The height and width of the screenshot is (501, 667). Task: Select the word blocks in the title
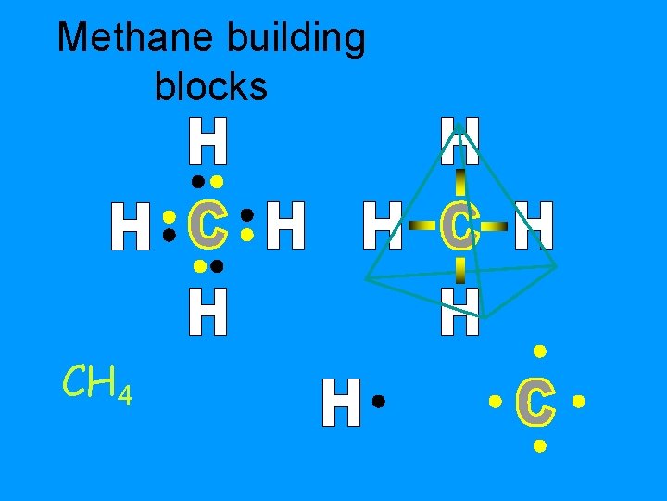(x=211, y=86)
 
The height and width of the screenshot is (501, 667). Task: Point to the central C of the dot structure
(x=208, y=225)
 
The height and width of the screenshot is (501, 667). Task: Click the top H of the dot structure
(x=208, y=140)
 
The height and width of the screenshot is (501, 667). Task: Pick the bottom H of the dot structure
(x=208, y=311)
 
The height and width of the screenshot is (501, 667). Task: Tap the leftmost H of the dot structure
(x=131, y=227)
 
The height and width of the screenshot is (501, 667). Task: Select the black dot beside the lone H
(x=378, y=402)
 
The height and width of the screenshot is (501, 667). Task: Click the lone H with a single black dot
(x=341, y=403)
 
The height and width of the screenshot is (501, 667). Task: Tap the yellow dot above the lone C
(x=538, y=352)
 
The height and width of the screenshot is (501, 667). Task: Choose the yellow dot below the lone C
(x=538, y=446)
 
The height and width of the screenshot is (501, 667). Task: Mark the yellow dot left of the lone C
(x=495, y=403)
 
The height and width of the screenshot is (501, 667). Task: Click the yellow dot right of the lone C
(x=579, y=403)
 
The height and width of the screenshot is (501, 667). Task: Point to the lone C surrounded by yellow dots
(x=537, y=401)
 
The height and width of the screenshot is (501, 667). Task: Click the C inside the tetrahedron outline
(x=459, y=226)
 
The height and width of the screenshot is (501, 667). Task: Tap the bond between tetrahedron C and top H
(x=459, y=181)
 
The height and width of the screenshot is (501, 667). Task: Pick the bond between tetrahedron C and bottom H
(x=459, y=270)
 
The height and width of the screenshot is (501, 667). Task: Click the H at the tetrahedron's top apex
(x=459, y=140)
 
